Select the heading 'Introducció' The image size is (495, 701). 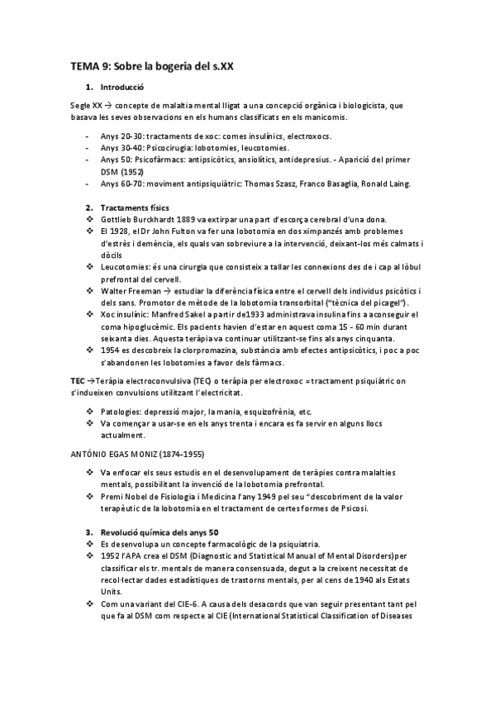122,87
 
